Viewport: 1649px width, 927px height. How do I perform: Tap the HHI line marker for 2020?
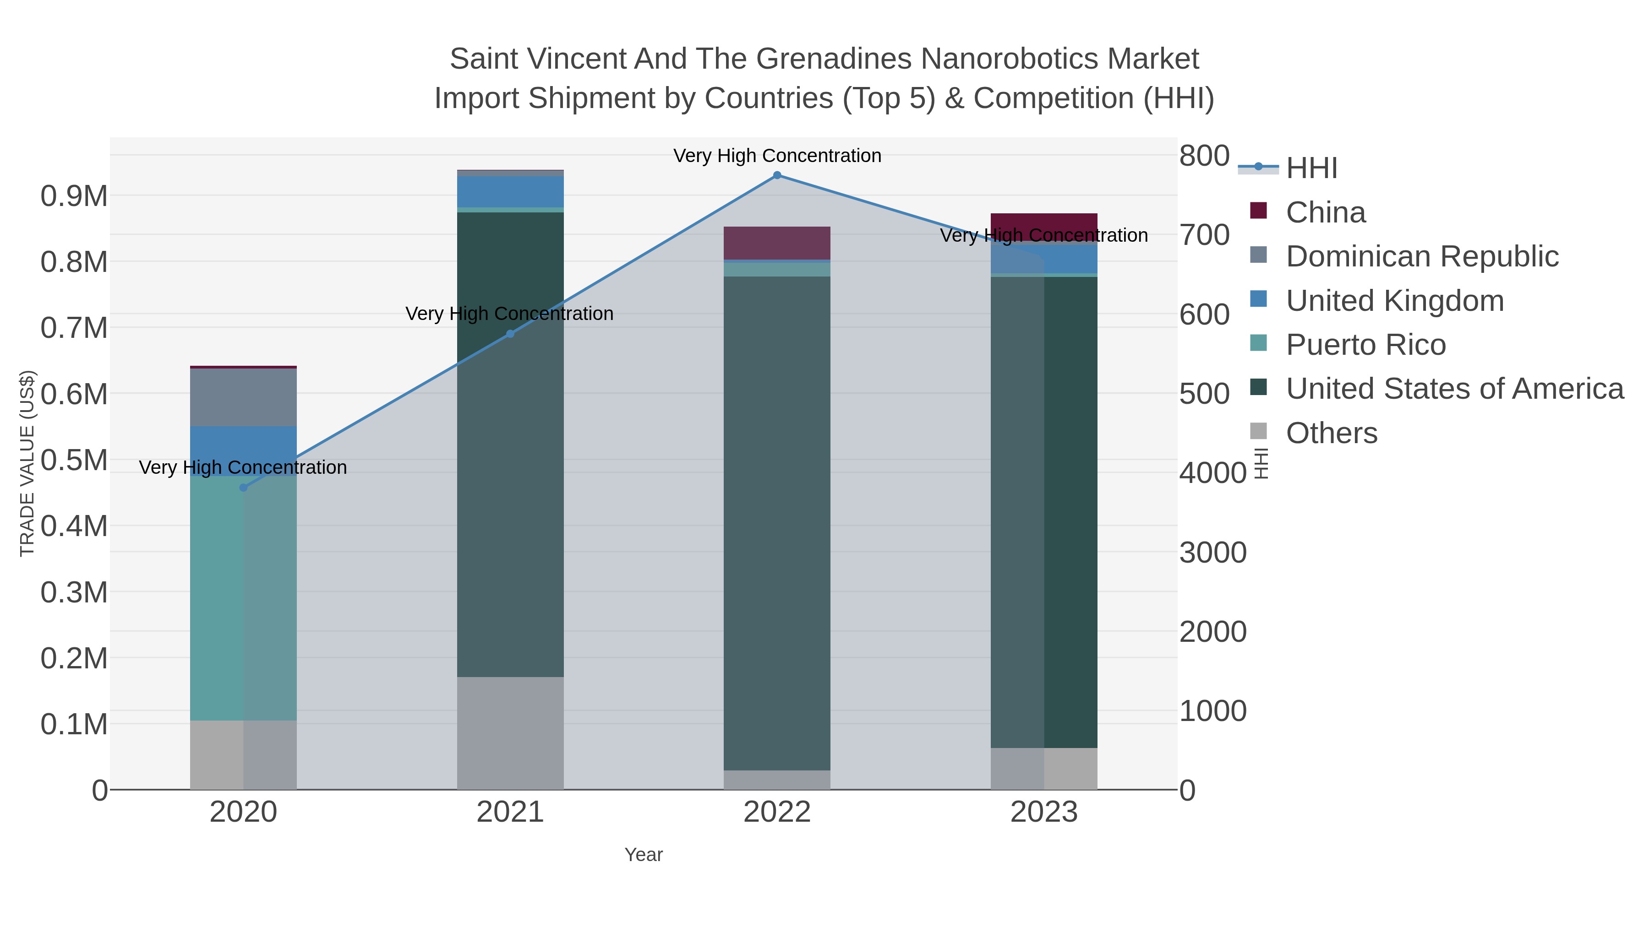(x=243, y=488)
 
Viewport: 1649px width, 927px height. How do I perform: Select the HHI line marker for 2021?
(x=510, y=334)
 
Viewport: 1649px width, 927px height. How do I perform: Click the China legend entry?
(x=1325, y=212)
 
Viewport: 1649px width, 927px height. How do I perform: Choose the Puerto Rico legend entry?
(x=1365, y=345)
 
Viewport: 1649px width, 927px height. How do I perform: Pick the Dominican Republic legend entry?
(x=1422, y=256)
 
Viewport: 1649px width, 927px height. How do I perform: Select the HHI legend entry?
(x=1311, y=168)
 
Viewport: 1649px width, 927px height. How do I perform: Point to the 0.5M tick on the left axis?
(x=74, y=460)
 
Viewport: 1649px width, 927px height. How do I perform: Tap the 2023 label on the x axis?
(x=1043, y=813)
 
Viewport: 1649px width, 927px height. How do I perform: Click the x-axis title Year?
(x=644, y=855)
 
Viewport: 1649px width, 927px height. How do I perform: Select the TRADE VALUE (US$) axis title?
(x=27, y=463)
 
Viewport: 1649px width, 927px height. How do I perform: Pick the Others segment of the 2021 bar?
(x=510, y=732)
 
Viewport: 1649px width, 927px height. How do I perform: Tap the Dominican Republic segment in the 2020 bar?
(x=243, y=396)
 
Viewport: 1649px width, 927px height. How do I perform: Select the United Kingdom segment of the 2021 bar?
(x=510, y=191)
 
